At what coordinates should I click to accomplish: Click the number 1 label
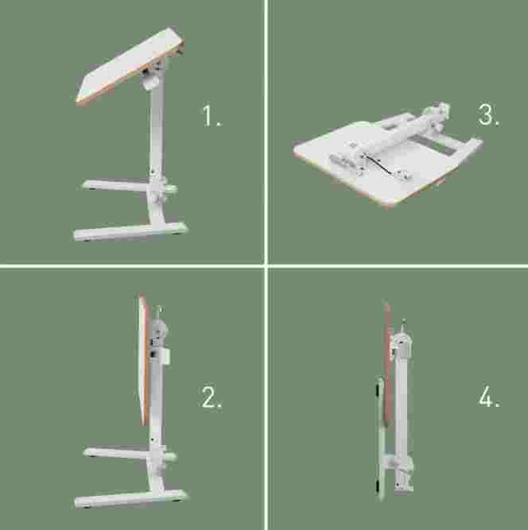(212, 116)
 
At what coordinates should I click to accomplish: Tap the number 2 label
(212, 397)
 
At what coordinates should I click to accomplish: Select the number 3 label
(489, 114)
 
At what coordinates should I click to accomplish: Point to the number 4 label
(489, 396)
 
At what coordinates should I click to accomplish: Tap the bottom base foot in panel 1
(130, 231)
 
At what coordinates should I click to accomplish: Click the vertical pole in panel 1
(157, 135)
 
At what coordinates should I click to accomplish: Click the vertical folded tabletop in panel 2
(145, 360)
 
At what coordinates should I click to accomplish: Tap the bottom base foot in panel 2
(130, 498)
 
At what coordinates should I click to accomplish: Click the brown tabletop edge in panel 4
(388, 365)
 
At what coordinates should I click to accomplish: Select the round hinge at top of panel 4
(402, 342)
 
